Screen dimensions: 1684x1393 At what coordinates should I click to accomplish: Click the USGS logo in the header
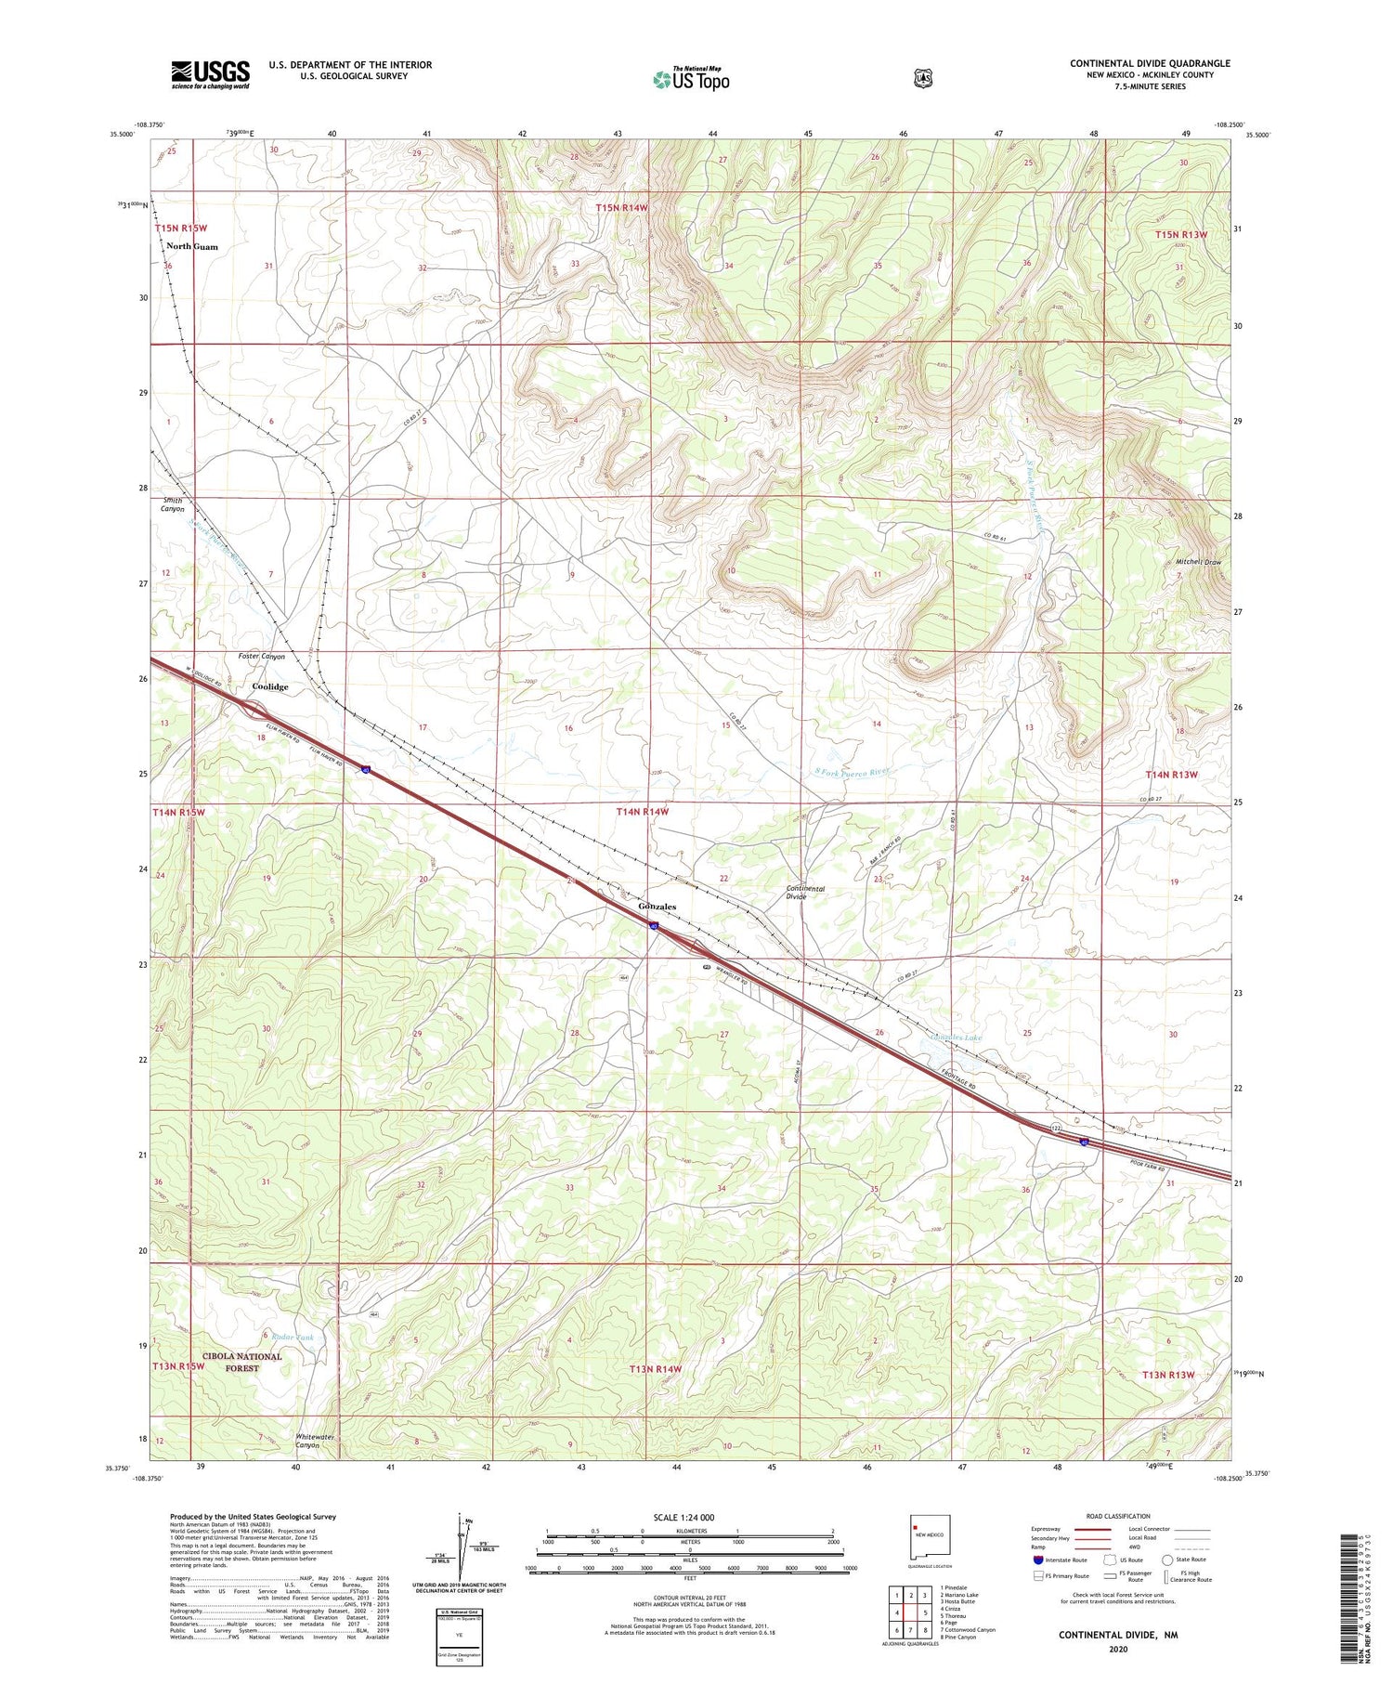[210, 74]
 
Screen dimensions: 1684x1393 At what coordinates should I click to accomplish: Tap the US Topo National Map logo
[691, 79]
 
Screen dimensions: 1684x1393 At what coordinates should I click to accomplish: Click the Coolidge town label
[270, 686]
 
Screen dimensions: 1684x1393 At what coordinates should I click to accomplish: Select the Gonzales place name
[657, 906]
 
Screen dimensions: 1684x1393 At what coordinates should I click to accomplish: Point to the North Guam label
[192, 246]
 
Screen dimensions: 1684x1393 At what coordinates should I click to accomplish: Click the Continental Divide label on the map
[804, 893]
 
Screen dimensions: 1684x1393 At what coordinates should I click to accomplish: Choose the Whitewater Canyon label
[307, 1441]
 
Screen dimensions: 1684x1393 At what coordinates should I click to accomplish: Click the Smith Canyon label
[172, 504]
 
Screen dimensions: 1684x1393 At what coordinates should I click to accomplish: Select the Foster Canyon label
[262, 657]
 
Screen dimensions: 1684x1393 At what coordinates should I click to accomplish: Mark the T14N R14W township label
[643, 812]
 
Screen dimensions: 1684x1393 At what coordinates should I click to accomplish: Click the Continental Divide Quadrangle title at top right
[1149, 63]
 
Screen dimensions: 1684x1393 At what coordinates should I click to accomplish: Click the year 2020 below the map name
[1117, 1650]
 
